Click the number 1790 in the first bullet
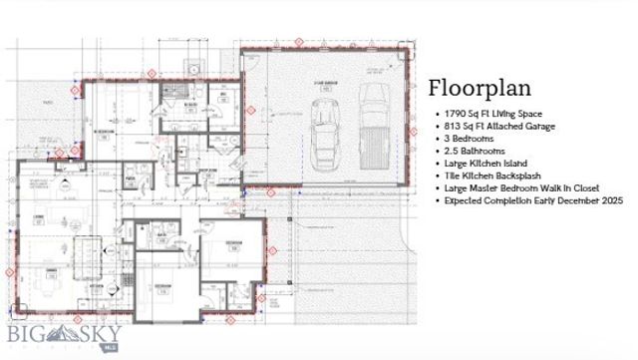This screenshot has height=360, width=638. [456, 115]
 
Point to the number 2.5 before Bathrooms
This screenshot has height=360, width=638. [454, 151]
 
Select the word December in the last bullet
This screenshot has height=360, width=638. [567, 200]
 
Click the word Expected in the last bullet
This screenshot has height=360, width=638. [465, 200]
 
